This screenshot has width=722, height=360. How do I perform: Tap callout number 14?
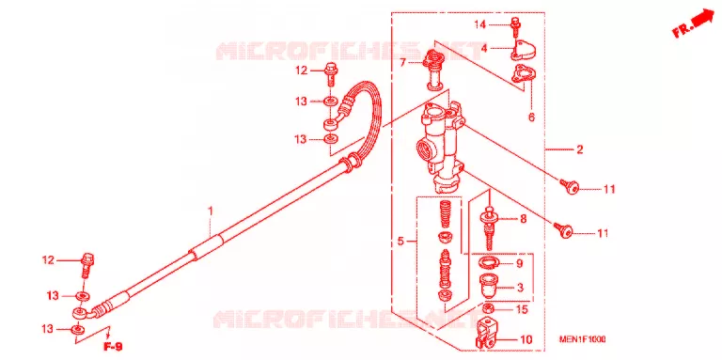click(x=479, y=24)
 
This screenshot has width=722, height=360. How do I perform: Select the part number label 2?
click(x=580, y=149)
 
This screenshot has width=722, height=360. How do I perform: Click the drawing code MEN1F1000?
click(x=582, y=339)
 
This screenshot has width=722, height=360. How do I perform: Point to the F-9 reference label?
click(x=113, y=347)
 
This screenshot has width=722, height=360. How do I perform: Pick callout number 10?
click(x=526, y=340)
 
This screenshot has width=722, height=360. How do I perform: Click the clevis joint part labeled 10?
click(x=487, y=334)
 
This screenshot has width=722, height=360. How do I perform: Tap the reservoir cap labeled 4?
click(x=522, y=50)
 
